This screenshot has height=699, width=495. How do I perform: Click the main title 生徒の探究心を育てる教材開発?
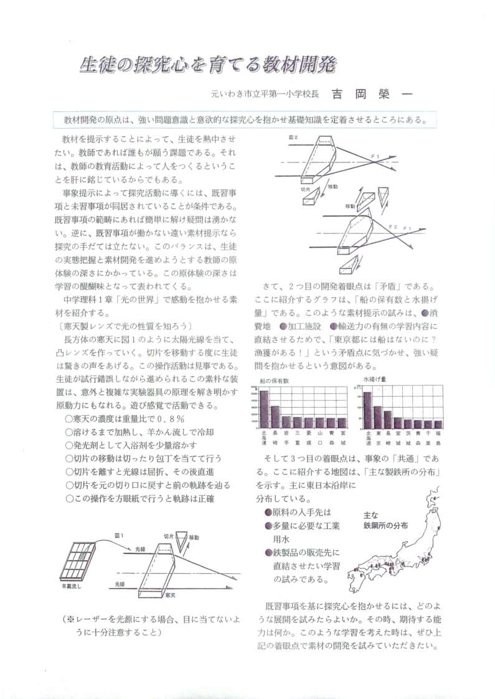point(207,65)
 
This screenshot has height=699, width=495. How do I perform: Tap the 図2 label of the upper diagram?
point(293,136)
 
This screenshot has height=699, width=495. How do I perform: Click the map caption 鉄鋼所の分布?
point(386,525)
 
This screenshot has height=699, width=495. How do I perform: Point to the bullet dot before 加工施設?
point(283,326)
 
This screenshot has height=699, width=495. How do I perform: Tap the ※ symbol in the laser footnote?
point(70,620)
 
